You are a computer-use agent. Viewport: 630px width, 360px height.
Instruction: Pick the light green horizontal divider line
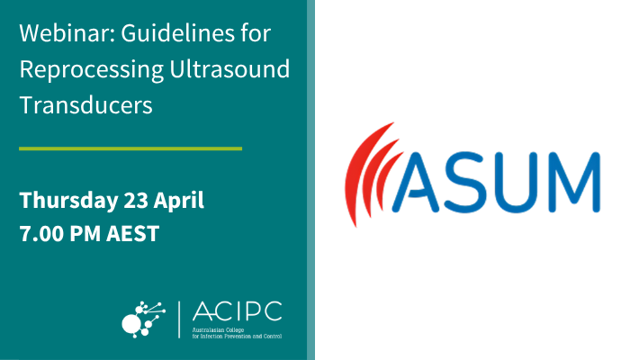point(130,148)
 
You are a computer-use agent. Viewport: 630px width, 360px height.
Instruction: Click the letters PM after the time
point(89,234)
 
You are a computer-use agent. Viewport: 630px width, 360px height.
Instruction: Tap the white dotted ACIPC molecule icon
point(144,316)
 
